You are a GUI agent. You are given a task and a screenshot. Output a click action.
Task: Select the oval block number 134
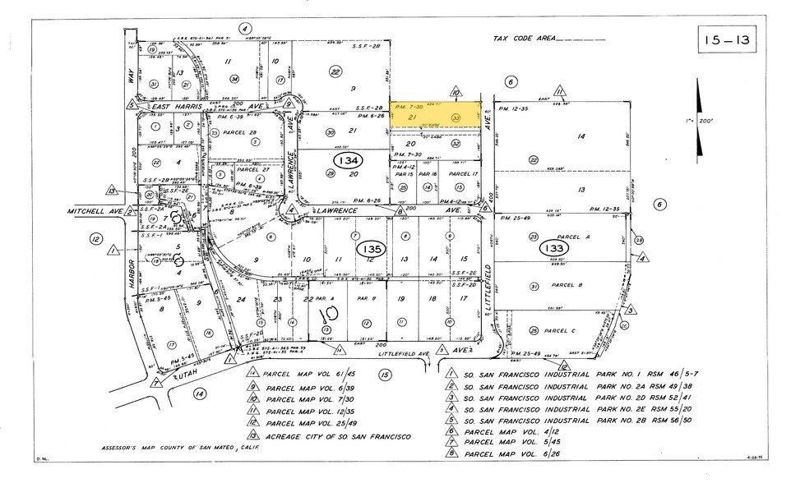coord(346,158)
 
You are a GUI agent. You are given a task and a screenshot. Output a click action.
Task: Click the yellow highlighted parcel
coord(434,117)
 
